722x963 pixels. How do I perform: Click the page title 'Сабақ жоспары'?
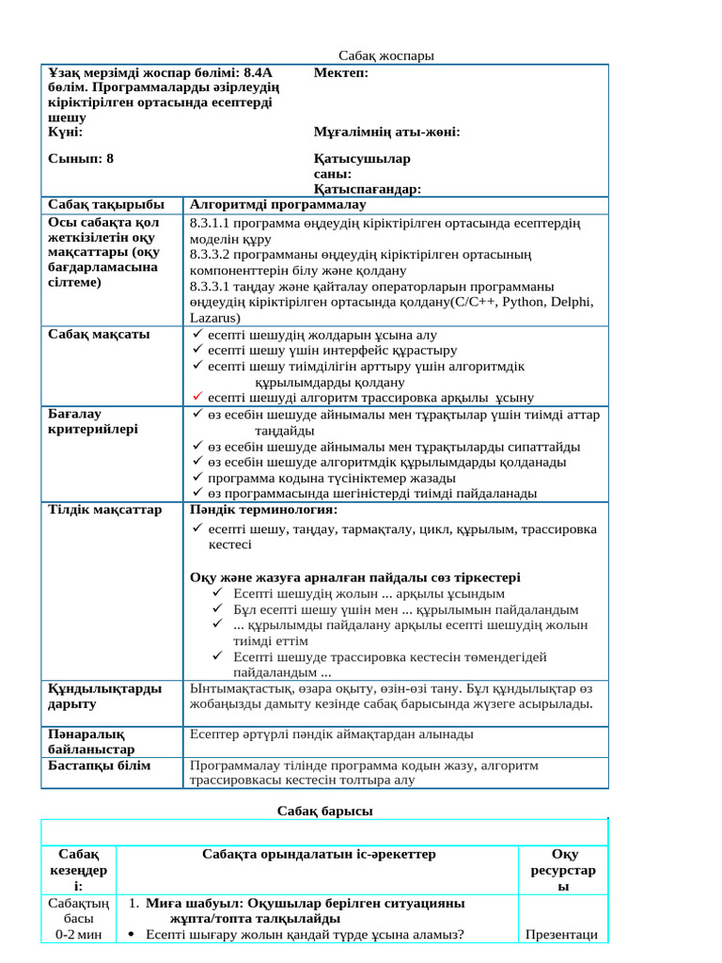(386, 56)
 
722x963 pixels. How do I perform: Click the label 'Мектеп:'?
(340, 73)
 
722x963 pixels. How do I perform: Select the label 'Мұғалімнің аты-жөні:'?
(386, 133)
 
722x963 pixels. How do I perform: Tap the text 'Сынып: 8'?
(80, 159)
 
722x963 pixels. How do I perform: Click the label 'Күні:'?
(65, 133)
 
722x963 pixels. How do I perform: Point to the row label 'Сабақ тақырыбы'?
(105, 205)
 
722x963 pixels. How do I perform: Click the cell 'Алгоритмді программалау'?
(278, 205)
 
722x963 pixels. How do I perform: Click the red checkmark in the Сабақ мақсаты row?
(196, 397)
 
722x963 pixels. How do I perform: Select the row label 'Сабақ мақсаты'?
(99, 334)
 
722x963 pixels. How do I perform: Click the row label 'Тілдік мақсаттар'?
(104, 510)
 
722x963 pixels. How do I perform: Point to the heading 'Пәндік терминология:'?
(263, 510)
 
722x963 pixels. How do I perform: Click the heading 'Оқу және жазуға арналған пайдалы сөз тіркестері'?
(354, 576)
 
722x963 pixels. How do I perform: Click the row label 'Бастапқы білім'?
(100, 766)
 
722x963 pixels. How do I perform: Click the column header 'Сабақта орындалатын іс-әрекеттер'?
(319, 854)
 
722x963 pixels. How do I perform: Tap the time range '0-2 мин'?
(78, 934)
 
